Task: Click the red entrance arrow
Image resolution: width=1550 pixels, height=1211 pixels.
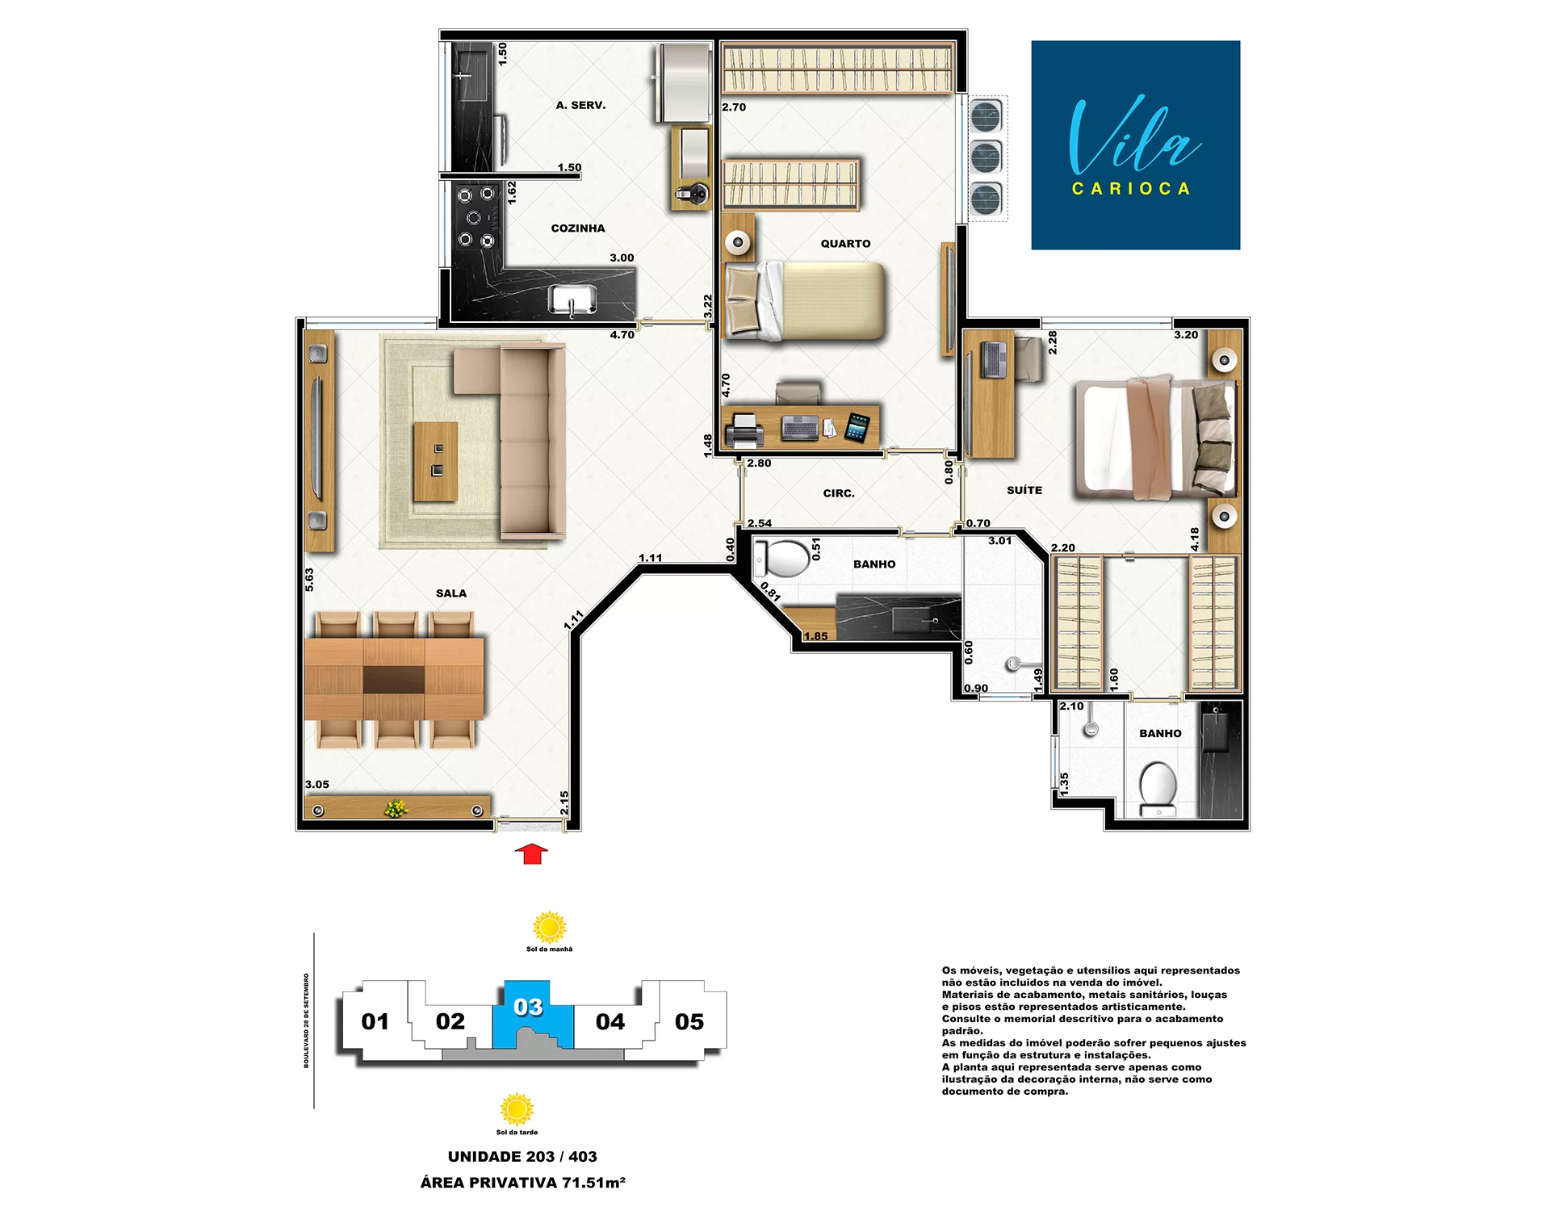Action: [531, 854]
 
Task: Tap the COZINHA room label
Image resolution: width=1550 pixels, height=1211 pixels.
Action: [578, 228]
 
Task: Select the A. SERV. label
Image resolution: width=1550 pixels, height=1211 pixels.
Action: [580, 105]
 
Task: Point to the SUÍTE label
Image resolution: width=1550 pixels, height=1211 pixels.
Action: [1024, 490]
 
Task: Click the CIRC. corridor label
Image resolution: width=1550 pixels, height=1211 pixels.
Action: [839, 493]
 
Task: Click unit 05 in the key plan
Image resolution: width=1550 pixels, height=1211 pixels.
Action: [689, 1022]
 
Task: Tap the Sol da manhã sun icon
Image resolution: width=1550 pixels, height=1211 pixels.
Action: [550, 928]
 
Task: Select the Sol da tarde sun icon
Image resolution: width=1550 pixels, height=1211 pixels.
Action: [517, 1109]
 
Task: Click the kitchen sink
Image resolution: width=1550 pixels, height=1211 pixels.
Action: [572, 300]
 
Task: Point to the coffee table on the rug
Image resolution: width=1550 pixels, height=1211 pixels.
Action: [436, 461]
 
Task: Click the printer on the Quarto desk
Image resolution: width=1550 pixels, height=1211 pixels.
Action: [744, 430]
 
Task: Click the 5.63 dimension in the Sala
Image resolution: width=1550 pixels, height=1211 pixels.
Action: [309, 579]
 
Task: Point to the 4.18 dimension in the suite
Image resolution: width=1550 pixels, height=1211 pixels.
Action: [1195, 539]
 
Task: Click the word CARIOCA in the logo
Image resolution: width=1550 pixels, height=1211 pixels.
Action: [1132, 189]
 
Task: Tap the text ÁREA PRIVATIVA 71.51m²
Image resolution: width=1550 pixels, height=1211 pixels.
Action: [523, 1183]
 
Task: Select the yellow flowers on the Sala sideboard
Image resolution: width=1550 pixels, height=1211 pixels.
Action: [396, 808]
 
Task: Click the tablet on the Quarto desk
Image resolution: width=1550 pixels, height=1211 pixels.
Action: [857, 427]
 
